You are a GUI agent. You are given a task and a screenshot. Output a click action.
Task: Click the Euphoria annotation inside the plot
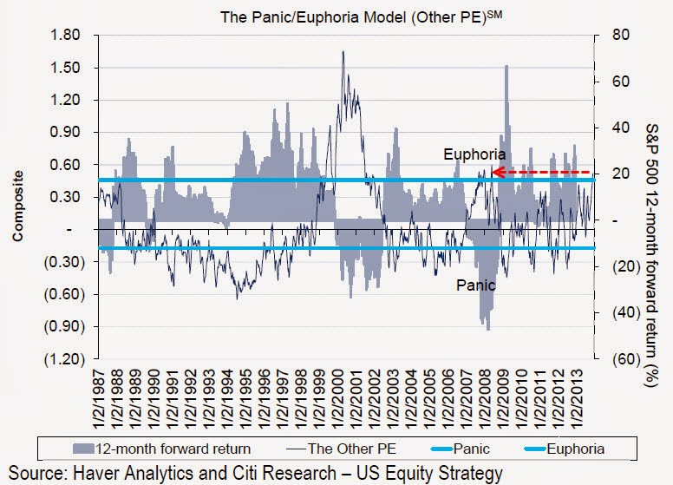pyautogui.click(x=474, y=154)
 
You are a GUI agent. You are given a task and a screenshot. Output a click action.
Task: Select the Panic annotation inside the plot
pyautogui.click(x=476, y=285)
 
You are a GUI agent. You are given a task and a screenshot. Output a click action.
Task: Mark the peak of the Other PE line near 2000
pyautogui.click(x=343, y=52)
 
